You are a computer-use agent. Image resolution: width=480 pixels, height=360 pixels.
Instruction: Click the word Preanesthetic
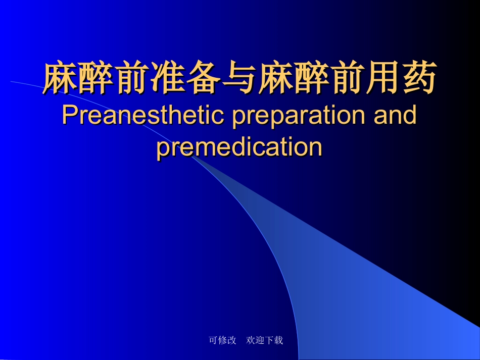(143, 116)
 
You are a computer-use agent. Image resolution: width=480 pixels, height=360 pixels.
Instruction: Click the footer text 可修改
(222, 340)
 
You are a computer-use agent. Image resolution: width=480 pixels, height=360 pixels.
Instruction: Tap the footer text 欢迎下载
(265, 340)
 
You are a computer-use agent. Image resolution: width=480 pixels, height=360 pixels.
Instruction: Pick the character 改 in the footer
(232, 340)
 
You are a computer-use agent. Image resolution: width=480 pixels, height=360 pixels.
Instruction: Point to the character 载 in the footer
(278, 340)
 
